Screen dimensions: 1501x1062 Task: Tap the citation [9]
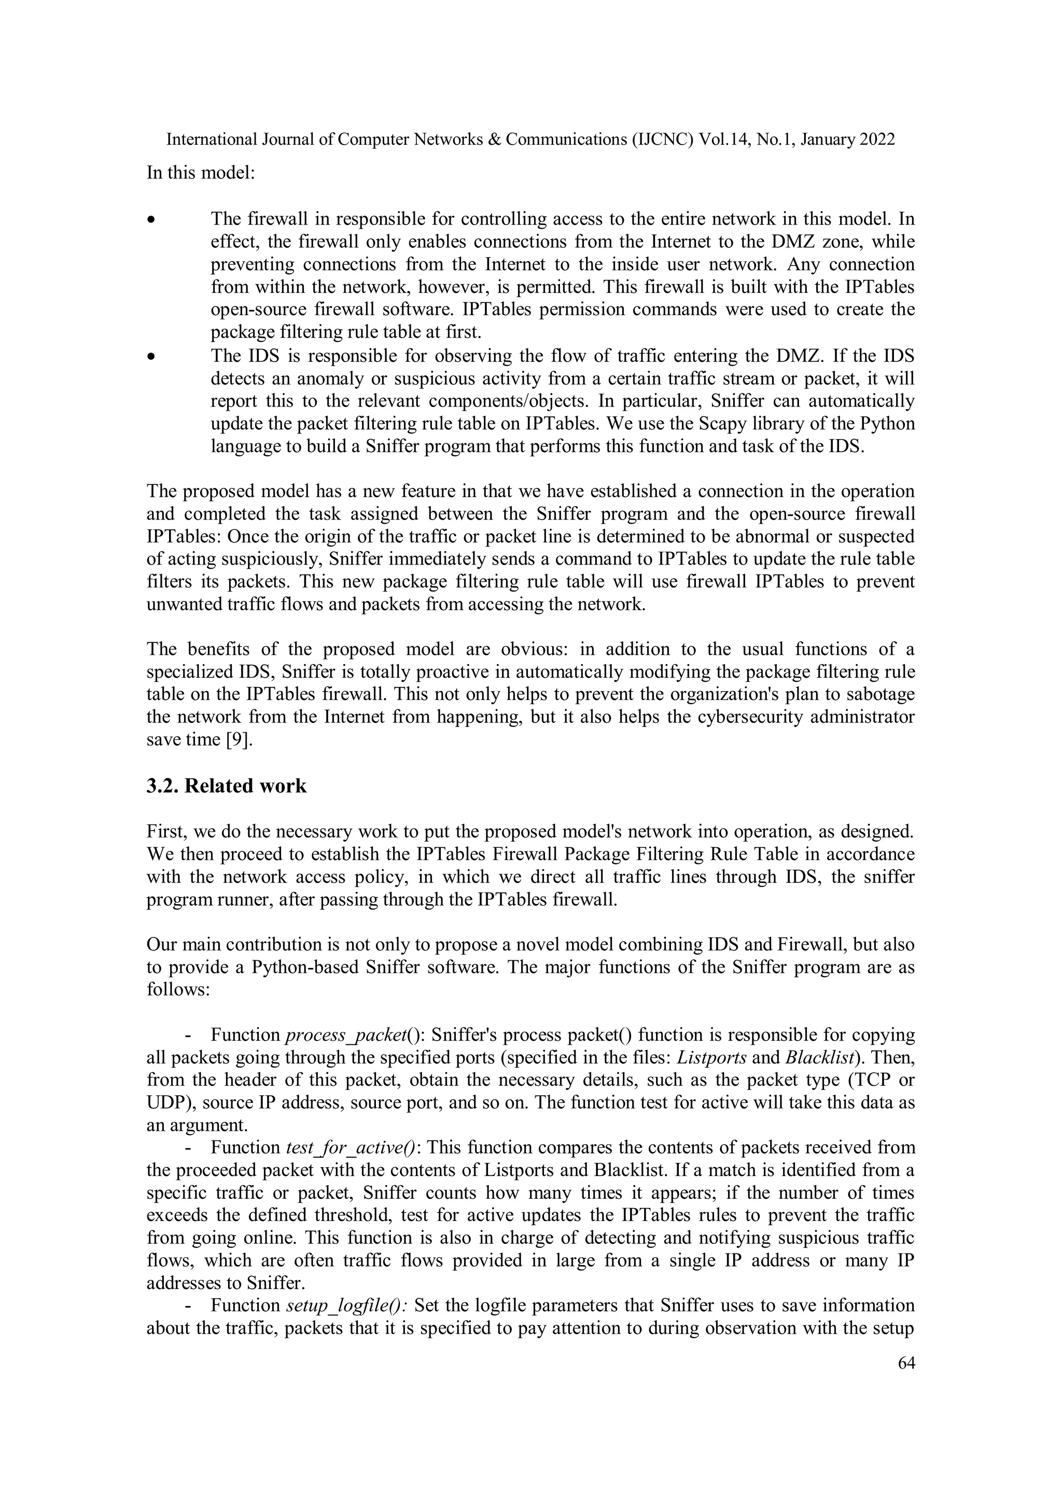tap(239, 740)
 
